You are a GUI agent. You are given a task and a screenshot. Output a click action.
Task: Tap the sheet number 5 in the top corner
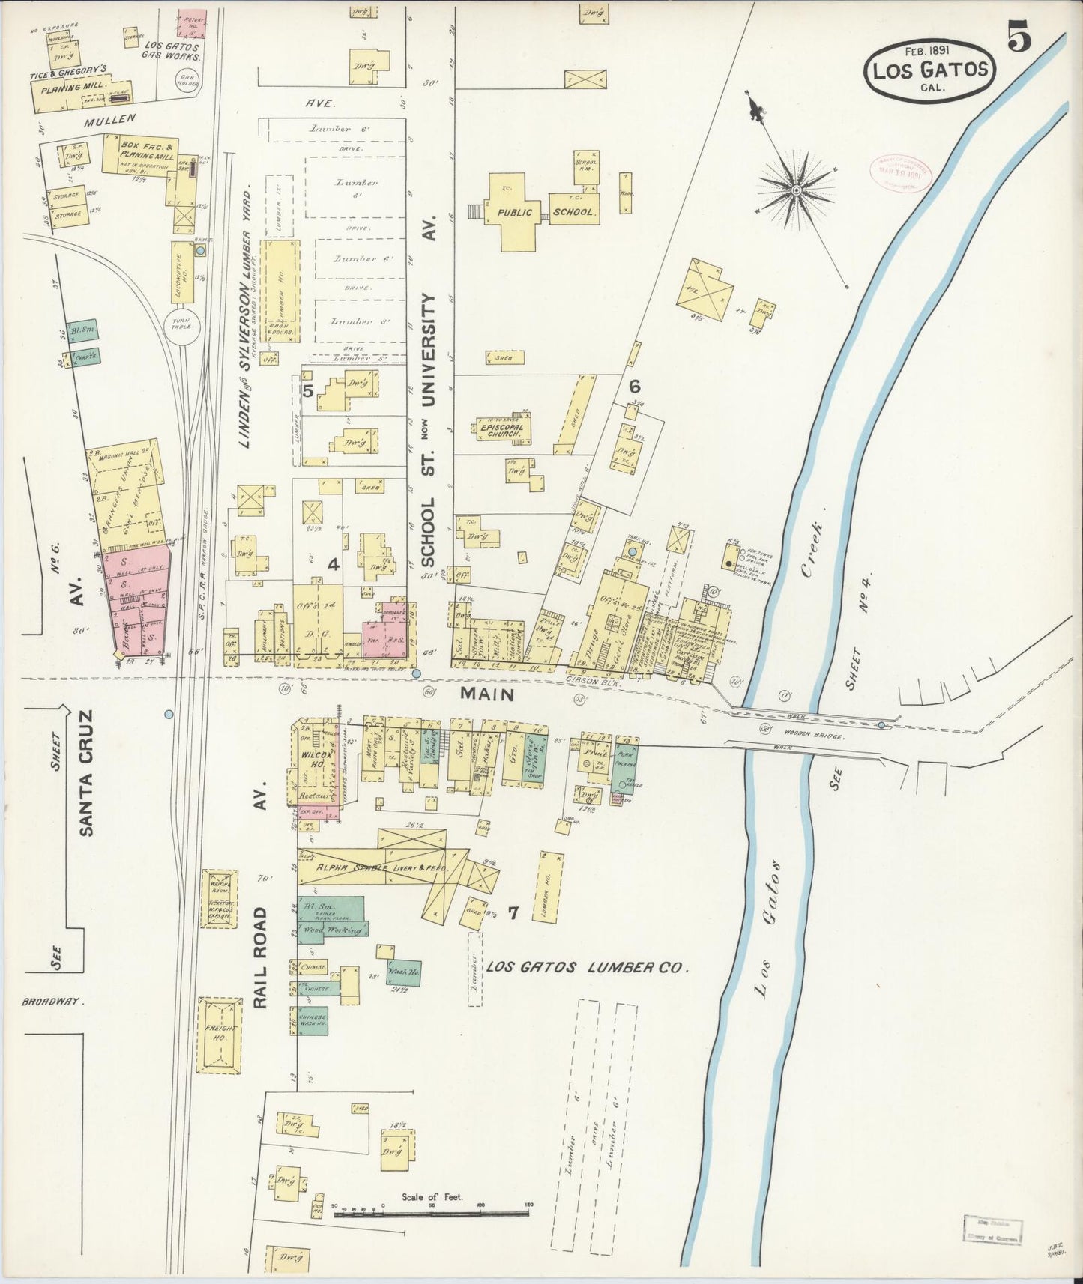click(1019, 37)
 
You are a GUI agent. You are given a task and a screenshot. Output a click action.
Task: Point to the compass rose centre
click(796, 191)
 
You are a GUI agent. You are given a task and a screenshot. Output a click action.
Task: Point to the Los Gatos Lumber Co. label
click(586, 967)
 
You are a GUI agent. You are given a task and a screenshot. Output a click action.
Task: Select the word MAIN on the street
click(487, 694)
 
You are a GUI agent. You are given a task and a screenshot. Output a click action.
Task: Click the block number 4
click(334, 564)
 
